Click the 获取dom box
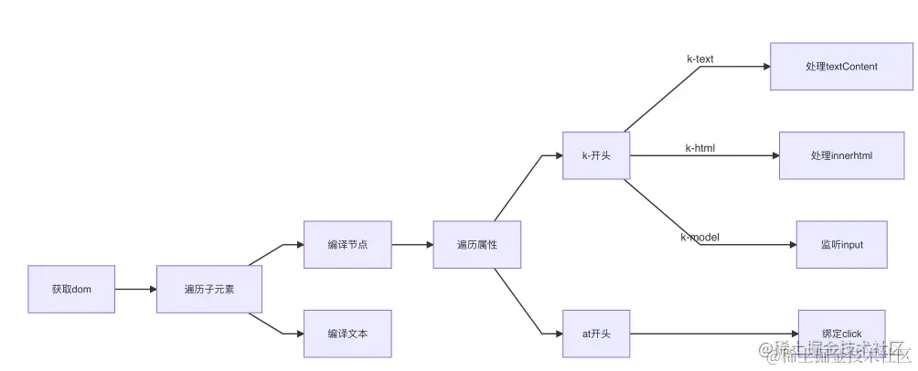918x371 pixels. point(71,289)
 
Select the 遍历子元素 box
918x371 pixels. point(208,289)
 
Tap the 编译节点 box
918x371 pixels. point(347,244)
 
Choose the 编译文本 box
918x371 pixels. point(347,334)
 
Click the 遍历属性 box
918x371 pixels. point(476,244)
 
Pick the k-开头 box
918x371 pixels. point(596,155)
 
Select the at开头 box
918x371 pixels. point(596,334)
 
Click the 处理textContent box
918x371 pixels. point(841,66)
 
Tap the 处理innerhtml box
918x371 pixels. point(841,155)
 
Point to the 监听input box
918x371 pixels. point(841,244)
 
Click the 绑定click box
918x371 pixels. point(841,333)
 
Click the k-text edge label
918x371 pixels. point(700,59)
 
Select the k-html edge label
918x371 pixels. point(700,148)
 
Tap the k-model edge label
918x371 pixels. point(699,238)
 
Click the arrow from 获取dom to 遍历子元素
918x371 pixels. point(135,289)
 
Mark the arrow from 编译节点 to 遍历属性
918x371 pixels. point(412,244)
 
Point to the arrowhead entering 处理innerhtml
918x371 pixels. point(773,155)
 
